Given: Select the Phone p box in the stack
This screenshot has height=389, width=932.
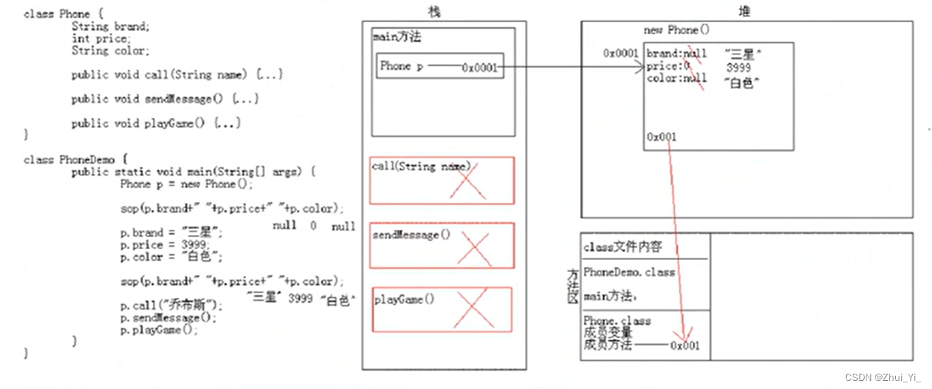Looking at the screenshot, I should (439, 66).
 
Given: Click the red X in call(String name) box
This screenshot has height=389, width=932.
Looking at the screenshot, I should (469, 181).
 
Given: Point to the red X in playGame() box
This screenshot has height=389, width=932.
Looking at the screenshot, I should (473, 309).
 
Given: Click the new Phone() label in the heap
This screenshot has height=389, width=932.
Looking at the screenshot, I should (676, 30).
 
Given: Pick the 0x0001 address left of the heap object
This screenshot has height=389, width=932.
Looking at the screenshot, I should (621, 53).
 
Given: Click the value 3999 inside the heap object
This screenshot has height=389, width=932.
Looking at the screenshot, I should (738, 68).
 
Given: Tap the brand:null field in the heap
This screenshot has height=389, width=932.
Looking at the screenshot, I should (676, 54).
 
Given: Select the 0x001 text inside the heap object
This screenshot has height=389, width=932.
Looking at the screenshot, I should (662, 137).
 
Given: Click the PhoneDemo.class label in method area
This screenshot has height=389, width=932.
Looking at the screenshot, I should (629, 273).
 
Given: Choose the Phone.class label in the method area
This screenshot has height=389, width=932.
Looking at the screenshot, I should (617, 321).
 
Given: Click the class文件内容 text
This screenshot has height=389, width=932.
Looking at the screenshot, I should (622, 248).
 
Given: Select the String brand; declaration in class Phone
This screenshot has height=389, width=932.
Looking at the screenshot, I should (110, 26).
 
